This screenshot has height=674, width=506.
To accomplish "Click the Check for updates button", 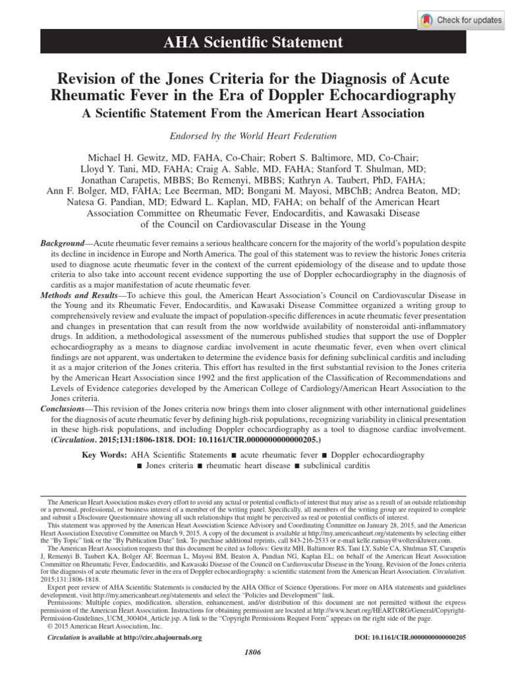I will pyautogui.click(x=461, y=20).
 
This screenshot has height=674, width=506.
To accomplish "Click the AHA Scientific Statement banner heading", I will pyautogui.click(x=253, y=43).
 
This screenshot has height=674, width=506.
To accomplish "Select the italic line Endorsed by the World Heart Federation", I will pyautogui.click(x=253, y=136).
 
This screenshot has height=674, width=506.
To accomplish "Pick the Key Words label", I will pyautogui.click(x=105, y=455).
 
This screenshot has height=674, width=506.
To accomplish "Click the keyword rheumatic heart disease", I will pyautogui.click(x=243, y=466).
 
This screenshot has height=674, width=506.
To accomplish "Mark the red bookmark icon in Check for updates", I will pyautogui.click(x=428, y=20).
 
